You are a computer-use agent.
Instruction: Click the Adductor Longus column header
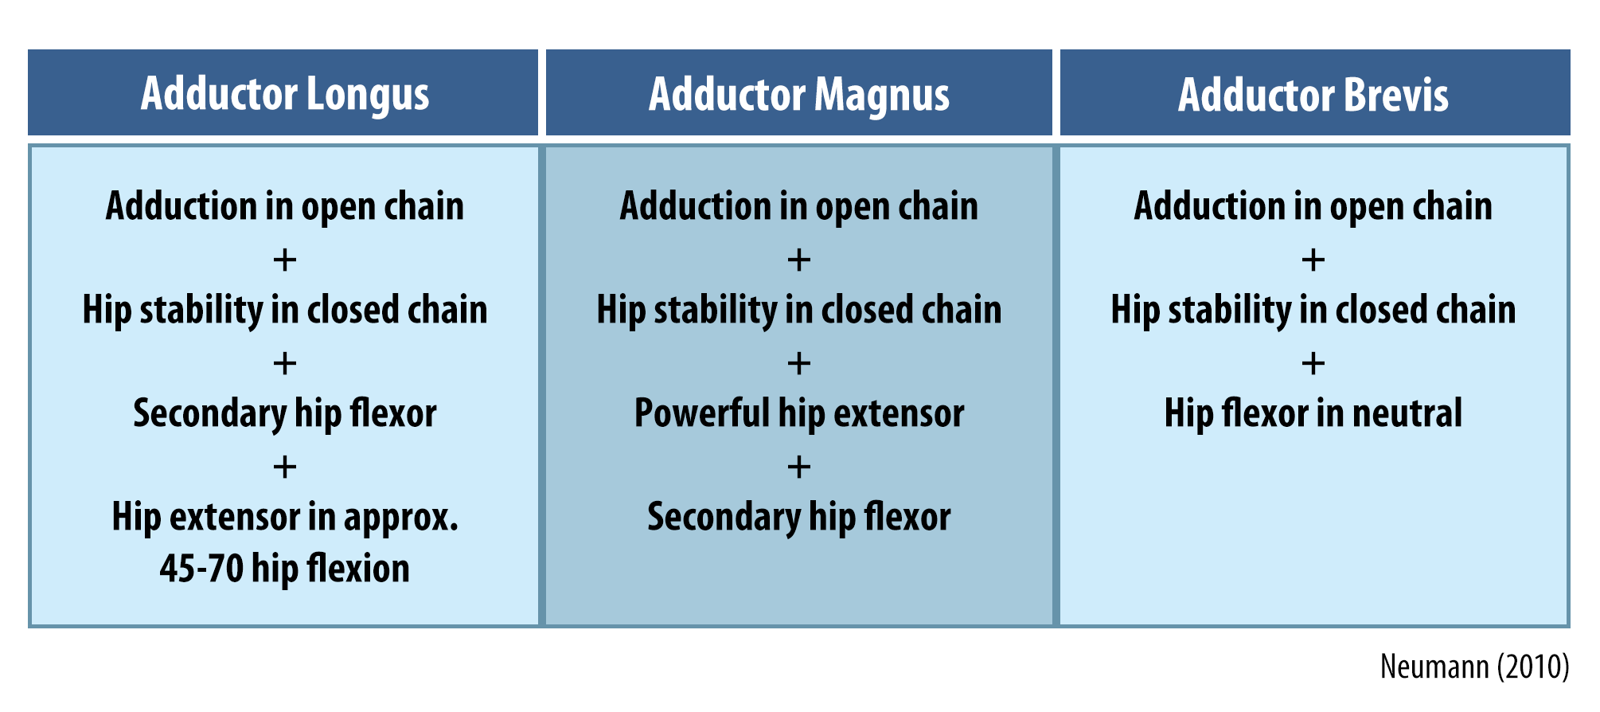coord(285,95)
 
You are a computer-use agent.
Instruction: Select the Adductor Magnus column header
coord(799,95)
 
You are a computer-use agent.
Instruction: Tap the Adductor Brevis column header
coord(1313,95)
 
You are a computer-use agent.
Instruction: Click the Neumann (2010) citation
coord(1474,667)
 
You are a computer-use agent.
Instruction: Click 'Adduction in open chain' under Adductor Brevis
coord(1313,206)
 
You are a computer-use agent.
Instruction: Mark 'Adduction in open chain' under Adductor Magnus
coord(799,206)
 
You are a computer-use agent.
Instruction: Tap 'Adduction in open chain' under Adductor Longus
coord(285,206)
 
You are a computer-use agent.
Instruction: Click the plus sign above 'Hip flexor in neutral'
coord(1313,364)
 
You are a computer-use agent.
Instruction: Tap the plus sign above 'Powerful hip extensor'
coord(799,364)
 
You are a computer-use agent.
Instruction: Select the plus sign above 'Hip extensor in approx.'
coord(285,467)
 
